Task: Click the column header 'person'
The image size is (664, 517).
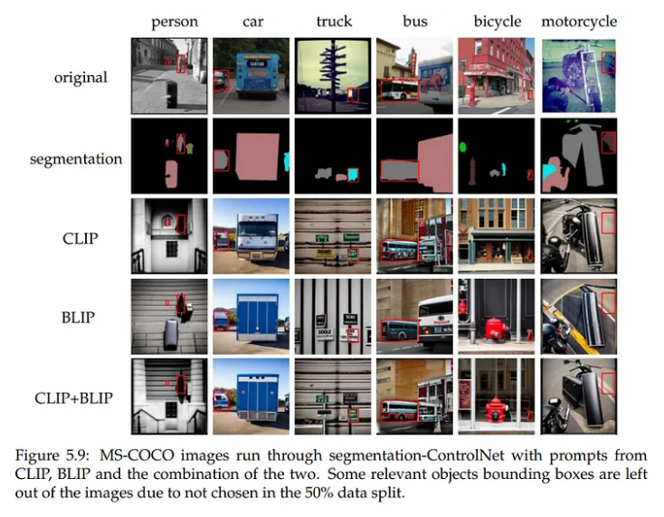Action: pos(174,22)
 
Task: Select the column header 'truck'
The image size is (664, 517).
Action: pos(335,22)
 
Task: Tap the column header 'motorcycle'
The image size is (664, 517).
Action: pos(579,22)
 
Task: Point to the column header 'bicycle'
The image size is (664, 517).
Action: pos(497,22)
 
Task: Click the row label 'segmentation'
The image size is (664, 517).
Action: pos(76,158)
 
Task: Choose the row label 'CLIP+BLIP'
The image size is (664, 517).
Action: pos(75,397)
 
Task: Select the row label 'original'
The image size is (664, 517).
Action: pos(80,77)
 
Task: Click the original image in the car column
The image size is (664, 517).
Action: pos(251,75)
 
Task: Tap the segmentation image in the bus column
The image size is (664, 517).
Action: pos(414,156)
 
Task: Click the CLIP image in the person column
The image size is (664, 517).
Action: pos(169,235)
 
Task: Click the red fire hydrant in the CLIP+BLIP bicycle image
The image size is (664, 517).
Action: pos(495,409)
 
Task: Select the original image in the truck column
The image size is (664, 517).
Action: pos(333,75)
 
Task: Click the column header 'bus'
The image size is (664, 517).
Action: pos(415,22)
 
